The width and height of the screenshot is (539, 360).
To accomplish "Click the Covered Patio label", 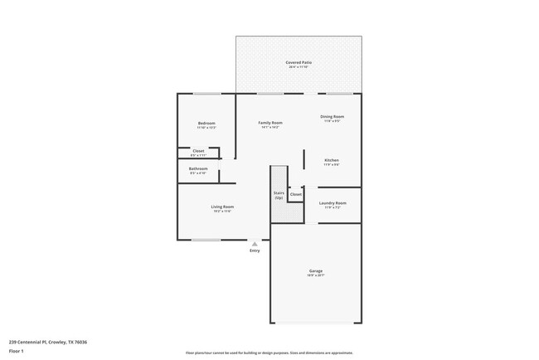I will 299,62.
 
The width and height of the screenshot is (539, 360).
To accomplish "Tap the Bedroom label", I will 206,123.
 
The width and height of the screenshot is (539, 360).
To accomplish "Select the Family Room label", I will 270,122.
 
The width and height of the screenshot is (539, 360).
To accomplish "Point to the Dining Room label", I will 332,116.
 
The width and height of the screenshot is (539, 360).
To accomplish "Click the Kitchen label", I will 332,160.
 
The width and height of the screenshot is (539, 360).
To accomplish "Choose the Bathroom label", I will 198,168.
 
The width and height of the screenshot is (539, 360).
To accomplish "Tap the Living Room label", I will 221,207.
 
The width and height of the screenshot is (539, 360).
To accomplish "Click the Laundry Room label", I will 333,202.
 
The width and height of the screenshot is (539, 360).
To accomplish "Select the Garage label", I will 316,270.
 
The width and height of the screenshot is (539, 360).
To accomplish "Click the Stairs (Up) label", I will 279,196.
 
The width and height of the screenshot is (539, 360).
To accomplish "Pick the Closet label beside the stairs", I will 296,194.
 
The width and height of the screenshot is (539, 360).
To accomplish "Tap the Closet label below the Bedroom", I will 198,151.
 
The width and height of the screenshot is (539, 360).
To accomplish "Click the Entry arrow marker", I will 255,244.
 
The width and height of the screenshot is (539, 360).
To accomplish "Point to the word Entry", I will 255,251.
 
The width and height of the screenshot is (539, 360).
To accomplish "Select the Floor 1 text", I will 17,351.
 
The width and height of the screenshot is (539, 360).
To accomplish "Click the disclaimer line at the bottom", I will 269,352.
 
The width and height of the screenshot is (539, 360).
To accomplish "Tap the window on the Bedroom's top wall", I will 206,94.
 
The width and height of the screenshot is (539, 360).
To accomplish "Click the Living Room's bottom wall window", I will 206,241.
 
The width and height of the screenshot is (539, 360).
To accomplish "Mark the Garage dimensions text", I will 316,275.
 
